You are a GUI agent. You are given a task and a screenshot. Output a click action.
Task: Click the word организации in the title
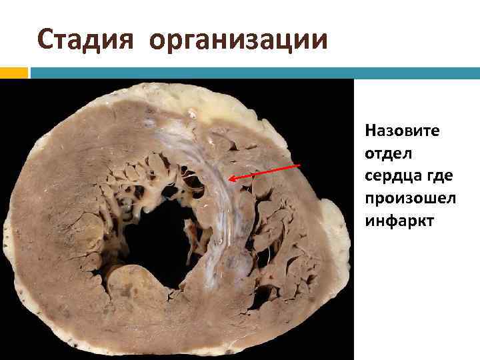click(x=239, y=39)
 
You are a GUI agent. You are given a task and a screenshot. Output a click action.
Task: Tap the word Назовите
click(x=402, y=130)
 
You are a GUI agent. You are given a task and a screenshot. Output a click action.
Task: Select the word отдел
click(x=389, y=153)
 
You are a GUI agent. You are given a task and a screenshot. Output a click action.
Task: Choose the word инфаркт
click(x=399, y=220)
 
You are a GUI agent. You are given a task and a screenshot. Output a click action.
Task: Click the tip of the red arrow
click(x=229, y=179)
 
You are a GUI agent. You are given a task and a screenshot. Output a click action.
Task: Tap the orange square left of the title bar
click(x=13, y=73)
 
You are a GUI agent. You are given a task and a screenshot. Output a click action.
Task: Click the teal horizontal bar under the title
click(x=253, y=73)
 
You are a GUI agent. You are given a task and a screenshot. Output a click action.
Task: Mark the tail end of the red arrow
click(x=300, y=165)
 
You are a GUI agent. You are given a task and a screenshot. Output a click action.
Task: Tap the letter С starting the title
click(x=45, y=39)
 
